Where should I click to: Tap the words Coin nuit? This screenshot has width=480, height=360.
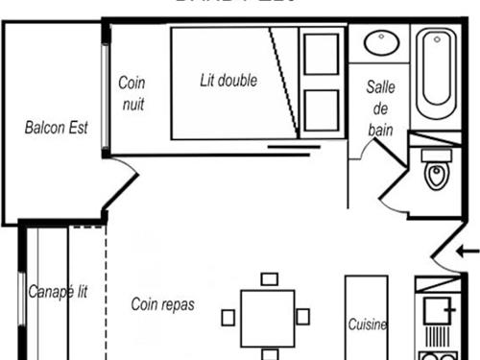point(132,94)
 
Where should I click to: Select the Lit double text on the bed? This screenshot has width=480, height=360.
point(228,81)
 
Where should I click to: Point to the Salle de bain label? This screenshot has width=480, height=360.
point(381,107)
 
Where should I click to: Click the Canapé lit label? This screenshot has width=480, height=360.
point(58,292)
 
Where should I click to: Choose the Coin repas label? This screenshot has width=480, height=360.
point(162,304)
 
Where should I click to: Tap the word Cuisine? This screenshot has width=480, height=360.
point(368,324)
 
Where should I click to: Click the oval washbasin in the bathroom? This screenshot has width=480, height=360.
point(382,44)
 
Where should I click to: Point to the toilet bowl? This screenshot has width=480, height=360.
point(438,176)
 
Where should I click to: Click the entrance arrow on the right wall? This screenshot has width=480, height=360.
point(468,252)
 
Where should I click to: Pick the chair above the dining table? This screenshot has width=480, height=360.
point(269,279)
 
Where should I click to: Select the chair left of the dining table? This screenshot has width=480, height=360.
point(228,317)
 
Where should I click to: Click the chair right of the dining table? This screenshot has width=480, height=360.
point(303,316)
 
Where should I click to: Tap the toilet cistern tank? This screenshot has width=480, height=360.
point(438,154)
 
